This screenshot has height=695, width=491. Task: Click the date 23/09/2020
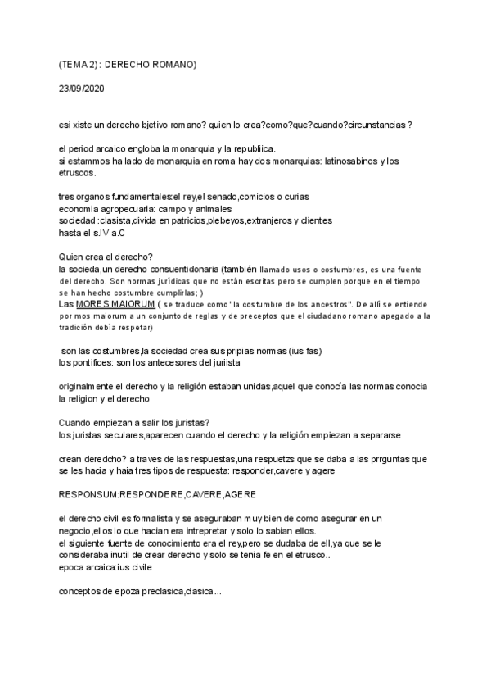pyautogui.click(x=81, y=87)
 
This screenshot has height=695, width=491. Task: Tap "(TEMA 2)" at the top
pyautogui.click(x=79, y=64)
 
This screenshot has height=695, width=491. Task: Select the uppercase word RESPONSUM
pyautogui.click(x=93, y=495)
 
